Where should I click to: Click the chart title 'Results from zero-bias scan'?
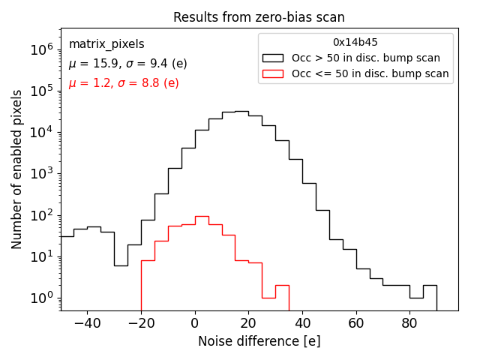pyautogui.click(x=259, y=17)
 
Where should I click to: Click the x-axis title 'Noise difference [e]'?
pyautogui.click(x=259, y=341)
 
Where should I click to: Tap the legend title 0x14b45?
pyautogui.click(x=355, y=42)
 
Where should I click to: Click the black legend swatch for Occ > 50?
pyautogui.click(x=274, y=58)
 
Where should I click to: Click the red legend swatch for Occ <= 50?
pyautogui.click(x=274, y=73)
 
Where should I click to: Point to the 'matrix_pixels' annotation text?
pyautogui.click(x=106, y=44)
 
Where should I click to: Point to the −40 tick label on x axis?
pyautogui.click(x=87, y=324)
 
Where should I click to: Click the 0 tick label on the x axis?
pyautogui.click(x=195, y=324)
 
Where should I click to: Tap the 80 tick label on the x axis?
pyautogui.click(x=409, y=324)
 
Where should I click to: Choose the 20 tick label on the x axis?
pyautogui.click(x=248, y=324)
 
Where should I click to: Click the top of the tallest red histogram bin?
pyautogui.click(x=202, y=216)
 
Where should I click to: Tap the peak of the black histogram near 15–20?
pyautogui.click(x=241, y=111)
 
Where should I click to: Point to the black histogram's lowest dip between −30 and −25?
pyautogui.click(x=121, y=265)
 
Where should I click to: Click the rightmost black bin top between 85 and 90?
pyautogui.click(x=430, y=285)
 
